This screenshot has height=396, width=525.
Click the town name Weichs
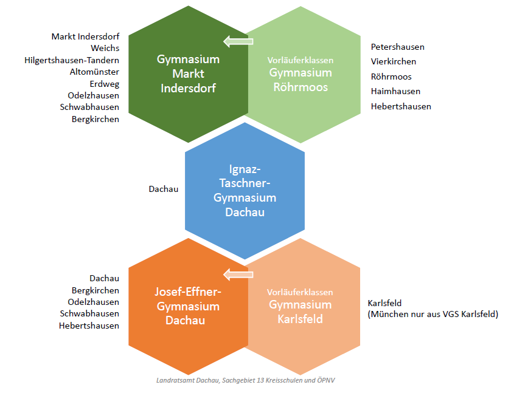105,48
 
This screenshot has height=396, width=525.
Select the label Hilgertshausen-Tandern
72,60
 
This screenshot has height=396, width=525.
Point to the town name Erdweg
104,84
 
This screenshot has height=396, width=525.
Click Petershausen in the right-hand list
398,47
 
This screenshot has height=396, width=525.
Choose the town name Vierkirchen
394,61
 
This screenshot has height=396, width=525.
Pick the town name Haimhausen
395,91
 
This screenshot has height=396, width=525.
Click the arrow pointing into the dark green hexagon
238,41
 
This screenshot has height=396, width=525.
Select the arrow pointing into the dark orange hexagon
238,275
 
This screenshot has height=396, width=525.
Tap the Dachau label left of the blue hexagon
163,189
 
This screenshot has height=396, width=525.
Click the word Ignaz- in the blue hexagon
244,168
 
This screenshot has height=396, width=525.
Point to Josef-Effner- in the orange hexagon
188,292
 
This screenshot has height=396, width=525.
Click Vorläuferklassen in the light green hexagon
301,60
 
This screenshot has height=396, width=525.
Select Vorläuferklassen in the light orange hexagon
301,292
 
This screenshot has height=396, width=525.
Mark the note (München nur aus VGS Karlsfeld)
433,314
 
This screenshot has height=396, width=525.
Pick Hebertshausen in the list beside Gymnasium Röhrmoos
401,106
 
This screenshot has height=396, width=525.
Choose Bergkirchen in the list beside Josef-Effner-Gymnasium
96,290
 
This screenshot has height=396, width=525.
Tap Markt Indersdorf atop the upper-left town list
85,36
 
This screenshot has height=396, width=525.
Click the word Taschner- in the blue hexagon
244,183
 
